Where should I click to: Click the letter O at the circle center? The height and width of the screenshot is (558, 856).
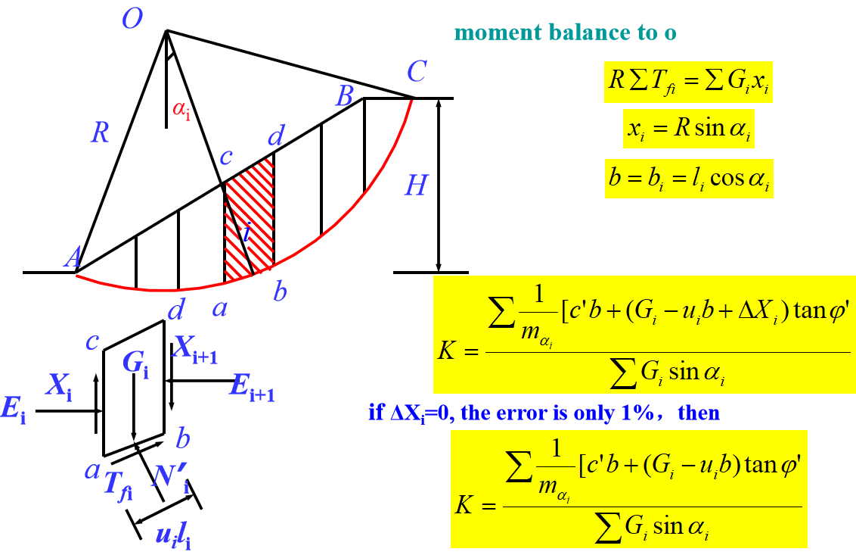tap(133, 19)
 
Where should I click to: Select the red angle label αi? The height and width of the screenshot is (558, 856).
tap(181, 108)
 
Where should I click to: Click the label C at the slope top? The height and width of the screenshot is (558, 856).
tap(417, 73)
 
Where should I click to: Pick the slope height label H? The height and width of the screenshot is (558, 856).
tap(416, 185)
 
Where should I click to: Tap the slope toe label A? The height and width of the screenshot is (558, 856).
tap(73, 259)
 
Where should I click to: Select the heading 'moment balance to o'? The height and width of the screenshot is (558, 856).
tap(565, 33)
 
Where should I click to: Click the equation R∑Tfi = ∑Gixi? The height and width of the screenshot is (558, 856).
tap(688, 82)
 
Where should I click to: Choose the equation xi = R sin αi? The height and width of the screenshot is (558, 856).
tap(690, 131)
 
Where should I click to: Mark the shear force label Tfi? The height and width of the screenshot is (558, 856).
tap(118, 484)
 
